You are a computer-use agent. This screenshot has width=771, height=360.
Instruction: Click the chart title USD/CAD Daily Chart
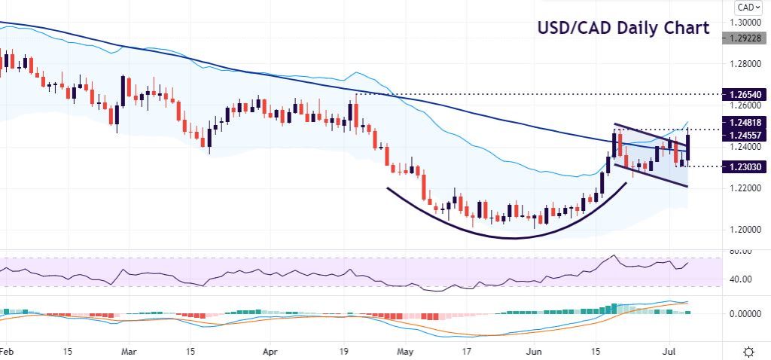(623, 29)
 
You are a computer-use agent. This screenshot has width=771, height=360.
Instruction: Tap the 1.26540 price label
(745, 95)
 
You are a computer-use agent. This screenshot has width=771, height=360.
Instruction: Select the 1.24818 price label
(745, 122)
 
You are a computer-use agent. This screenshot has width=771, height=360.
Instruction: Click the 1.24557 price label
(745, 135)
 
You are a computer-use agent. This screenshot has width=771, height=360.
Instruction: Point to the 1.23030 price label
(745, 166)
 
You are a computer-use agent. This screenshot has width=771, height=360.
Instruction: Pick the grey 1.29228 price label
(745, 37)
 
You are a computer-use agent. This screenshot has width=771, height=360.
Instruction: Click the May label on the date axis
(406, 351)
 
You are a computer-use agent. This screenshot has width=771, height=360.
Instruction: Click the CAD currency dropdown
(745, 8)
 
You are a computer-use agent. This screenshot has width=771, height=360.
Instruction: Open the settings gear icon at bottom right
(749, 352)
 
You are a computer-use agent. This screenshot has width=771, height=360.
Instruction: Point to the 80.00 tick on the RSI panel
(742, 251)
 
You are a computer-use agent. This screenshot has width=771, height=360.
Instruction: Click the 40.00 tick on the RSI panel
(742, 279)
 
